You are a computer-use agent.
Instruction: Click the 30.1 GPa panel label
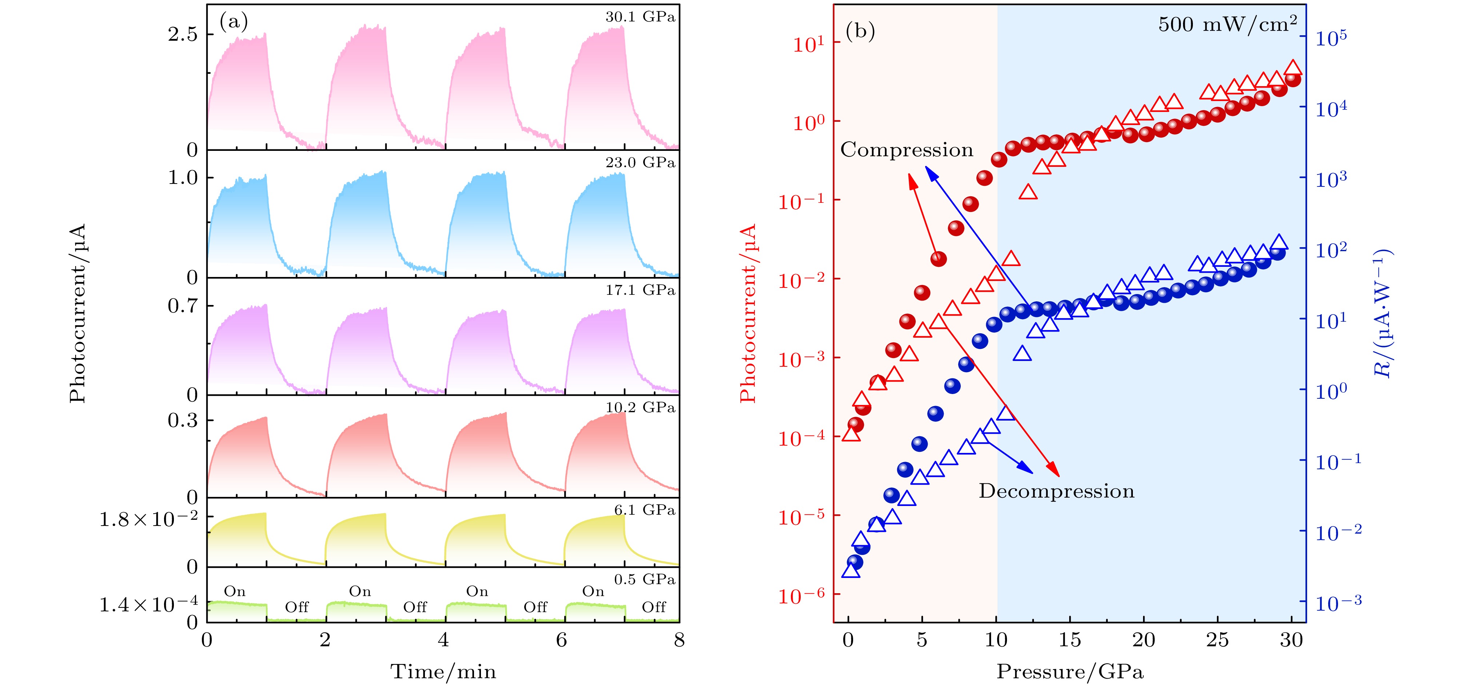tap(640, 17)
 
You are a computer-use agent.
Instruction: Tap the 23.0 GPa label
tap(640, 163)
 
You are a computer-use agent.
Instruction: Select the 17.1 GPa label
tap(640, 290)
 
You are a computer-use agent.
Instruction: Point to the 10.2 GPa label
tap(640, 407)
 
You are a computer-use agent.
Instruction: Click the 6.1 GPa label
tap(644, 510)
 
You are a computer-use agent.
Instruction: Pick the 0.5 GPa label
tap(644, 579)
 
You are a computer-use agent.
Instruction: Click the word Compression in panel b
tap(906, 150)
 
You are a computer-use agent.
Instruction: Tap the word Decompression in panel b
tap(1056, 491)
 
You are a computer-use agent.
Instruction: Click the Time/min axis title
tap(443, 672)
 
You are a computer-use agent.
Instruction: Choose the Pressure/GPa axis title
tap(1070, 672)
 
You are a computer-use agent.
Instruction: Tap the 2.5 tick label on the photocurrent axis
tap(183, 35)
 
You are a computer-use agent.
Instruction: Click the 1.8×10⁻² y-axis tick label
tap(148, 519)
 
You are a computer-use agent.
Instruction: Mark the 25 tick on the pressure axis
tap(1217, 640)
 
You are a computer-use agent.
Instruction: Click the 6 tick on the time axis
tap(561, 640)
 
